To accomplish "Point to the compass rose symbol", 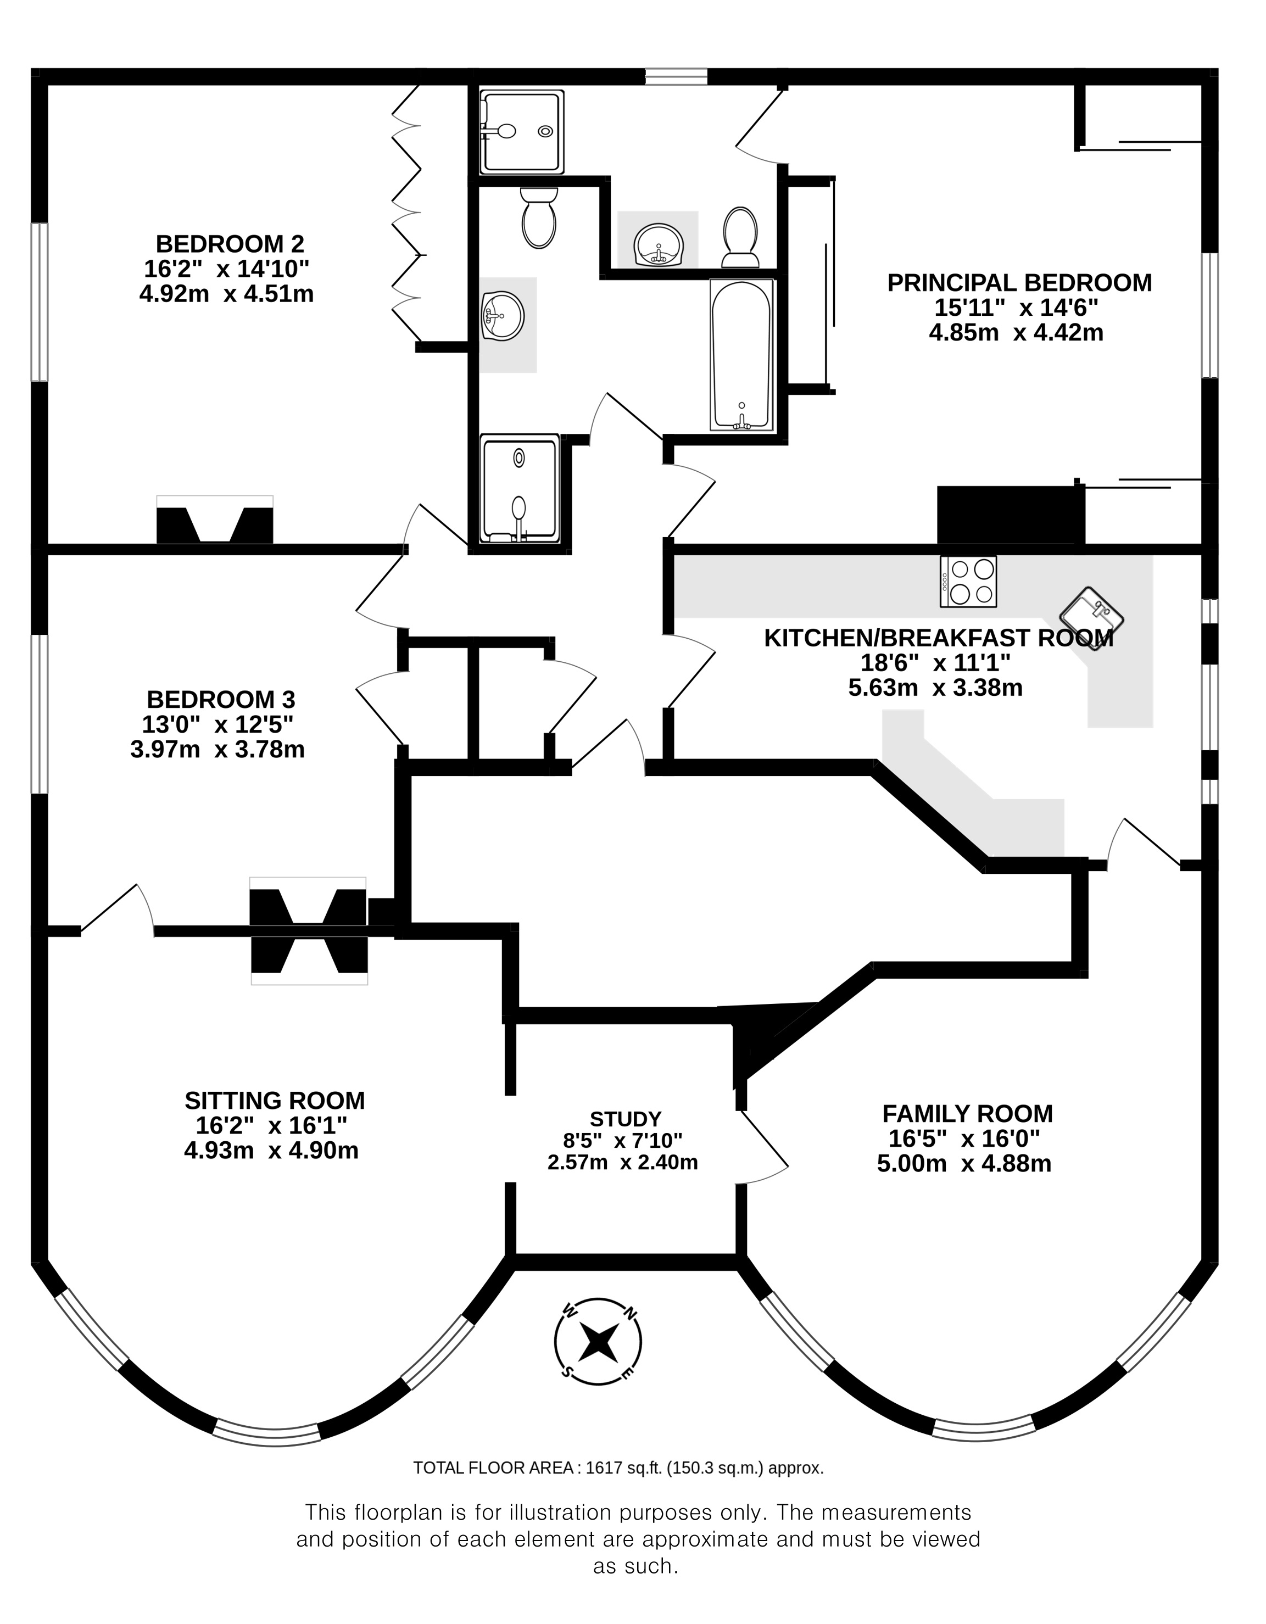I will pos(598,1342).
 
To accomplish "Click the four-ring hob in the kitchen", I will pos(968,582).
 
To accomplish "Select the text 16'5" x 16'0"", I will pos(964,1139).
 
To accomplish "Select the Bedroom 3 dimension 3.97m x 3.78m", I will pos(217,749).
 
